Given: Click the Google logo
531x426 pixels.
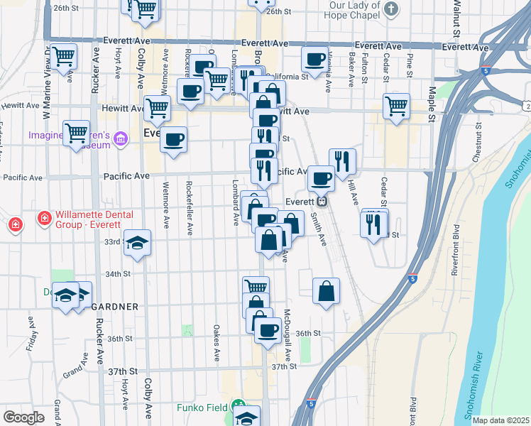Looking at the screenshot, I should point(23,417).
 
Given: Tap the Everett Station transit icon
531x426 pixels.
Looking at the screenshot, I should point(322,201).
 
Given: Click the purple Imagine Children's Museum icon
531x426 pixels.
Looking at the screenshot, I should point(121,137).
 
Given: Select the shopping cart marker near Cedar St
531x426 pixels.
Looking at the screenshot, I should point(396,106).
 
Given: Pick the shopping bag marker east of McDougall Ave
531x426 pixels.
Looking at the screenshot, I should point(326,290).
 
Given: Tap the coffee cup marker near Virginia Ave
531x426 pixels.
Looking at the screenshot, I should point(314,59).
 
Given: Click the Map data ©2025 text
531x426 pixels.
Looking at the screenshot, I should point(500,420).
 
